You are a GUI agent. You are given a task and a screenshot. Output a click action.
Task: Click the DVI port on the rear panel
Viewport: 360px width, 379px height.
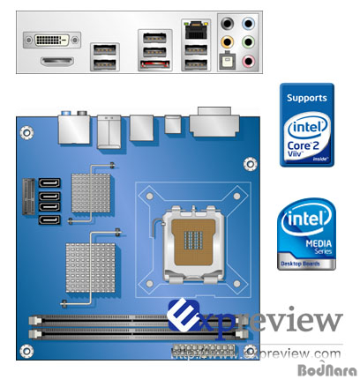click(x=56, y=39)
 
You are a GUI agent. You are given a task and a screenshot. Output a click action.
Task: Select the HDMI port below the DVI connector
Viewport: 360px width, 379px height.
click(x=58, y=62)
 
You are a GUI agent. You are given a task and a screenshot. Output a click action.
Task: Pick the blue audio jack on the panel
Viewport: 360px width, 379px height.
click(x=248, y=25)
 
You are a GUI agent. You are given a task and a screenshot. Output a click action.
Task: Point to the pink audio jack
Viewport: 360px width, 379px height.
click(x=248, y=61)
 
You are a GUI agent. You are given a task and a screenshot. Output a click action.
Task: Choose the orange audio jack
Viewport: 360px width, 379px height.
click(x=228, y=41)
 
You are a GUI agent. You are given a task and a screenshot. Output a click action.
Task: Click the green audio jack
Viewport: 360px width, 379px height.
click(x=248, y=42)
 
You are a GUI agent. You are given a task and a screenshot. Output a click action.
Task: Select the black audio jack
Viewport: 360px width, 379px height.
click(x=228, y=24)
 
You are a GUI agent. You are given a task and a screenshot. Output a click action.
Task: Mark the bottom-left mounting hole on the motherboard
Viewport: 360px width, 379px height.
click(x=26, y=348)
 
